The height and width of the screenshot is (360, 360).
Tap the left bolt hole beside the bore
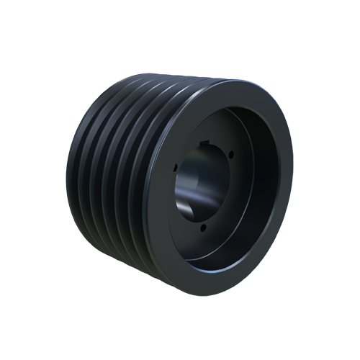(x=175, y=168)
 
